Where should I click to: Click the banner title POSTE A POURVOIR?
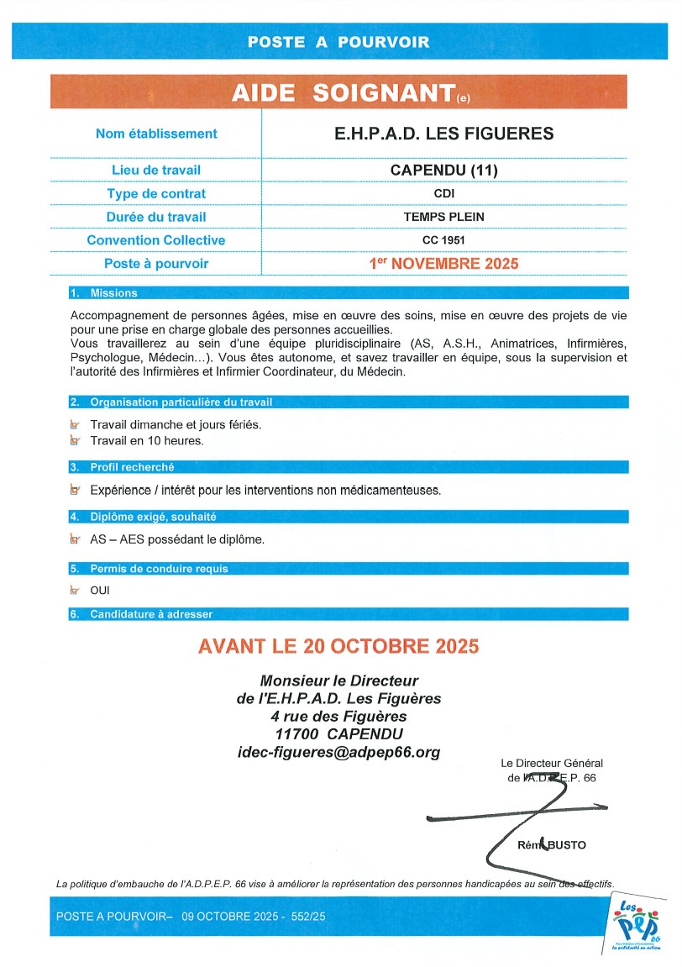point(338,41)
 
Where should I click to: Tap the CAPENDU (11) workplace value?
point(444,170)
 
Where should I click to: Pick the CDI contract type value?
point(444,193)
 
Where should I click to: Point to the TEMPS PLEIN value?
point(444,217)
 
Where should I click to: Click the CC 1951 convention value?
point(444,240)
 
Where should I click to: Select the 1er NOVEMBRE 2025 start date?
point(444,263)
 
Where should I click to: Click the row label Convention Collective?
point(156,240)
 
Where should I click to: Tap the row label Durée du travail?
point(156,217)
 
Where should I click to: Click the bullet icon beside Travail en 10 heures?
point(76,440)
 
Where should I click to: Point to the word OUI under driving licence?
point(100,591)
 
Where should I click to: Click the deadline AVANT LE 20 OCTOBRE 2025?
point(338,647)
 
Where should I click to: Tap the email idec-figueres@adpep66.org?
point(338,752)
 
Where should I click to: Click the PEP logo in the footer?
point(636,925)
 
